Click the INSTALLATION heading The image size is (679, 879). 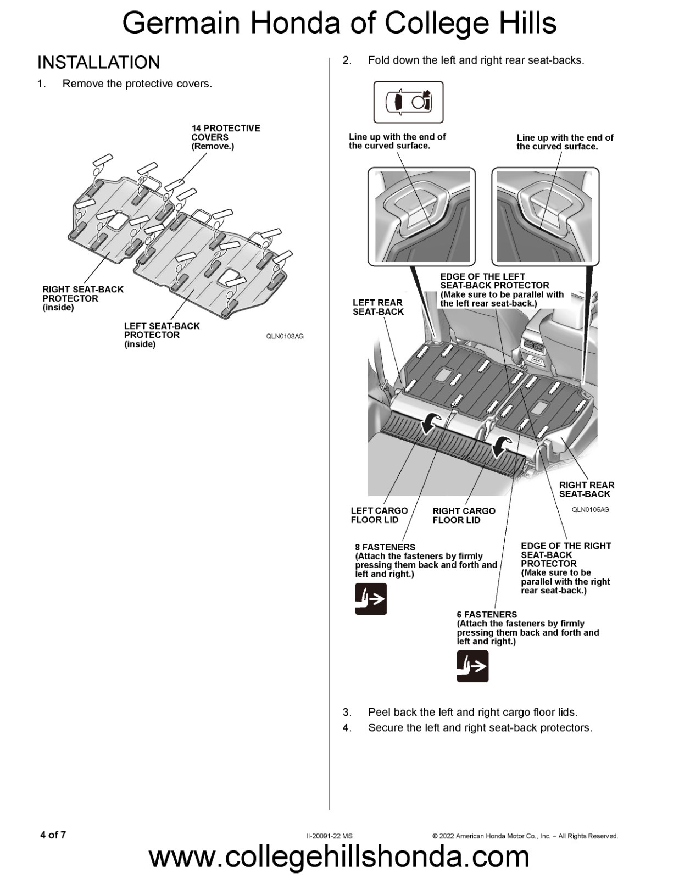[x=99, y=63]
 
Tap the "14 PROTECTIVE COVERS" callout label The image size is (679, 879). [x=225, y=137]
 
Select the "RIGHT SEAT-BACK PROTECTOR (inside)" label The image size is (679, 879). [x=83, y=298]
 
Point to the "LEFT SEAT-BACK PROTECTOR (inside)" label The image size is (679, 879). [x=162, y=335]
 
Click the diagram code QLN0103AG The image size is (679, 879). [x=285, y=336]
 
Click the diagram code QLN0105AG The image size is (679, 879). [x=590, y=510]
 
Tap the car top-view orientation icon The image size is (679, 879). [x=408, y=102]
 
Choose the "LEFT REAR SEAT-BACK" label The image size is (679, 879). [x=378, y=307]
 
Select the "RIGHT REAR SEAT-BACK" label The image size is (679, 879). [x=586, y=489]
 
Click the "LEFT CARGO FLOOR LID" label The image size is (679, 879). [x=379, y=515]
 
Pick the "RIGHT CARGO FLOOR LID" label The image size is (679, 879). [x=464, y=515]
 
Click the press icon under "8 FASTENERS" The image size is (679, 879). [x=371, y=599]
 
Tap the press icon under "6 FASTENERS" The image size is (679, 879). [x=472, y=666]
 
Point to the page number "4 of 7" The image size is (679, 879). [x=53, y=835]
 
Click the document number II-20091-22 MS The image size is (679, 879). [x=330, y=836]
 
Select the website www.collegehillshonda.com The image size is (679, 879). [x=339, y=857]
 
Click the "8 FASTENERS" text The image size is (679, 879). [x=385, y=547]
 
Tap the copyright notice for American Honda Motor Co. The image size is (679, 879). [x=525, y=836]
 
